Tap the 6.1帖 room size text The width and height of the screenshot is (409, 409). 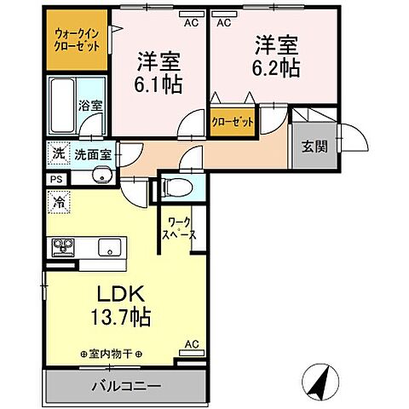tap(160, 84)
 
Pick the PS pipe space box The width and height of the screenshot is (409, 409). tap(56, 181)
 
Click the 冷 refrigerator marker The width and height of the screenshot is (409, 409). tap(60, 204)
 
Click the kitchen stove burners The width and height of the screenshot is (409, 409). tap(64, 248)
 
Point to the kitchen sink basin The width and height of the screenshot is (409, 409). tap(109, 248)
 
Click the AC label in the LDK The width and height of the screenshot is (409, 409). tap(192, 345)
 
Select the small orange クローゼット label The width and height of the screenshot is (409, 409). tap(233, 122)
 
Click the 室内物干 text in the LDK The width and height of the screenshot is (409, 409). tap(111, 353)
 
